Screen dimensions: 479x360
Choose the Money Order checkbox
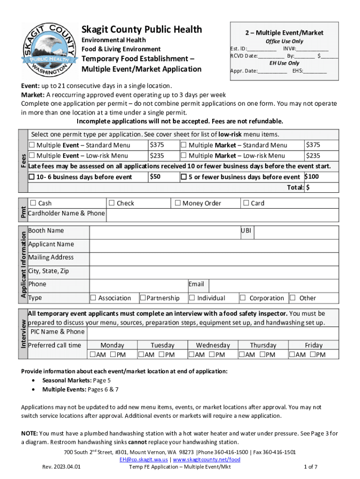(x=178, y=203)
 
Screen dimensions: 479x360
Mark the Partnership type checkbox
(x=143, y=298)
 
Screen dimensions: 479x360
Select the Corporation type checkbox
(x=243, y=298)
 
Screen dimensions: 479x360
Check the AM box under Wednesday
(x=191, y=355)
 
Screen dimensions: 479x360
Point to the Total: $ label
(x=297, y=188)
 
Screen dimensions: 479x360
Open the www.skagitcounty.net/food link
(x=207, y=460)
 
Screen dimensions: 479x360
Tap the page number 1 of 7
(x=310, y=467)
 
